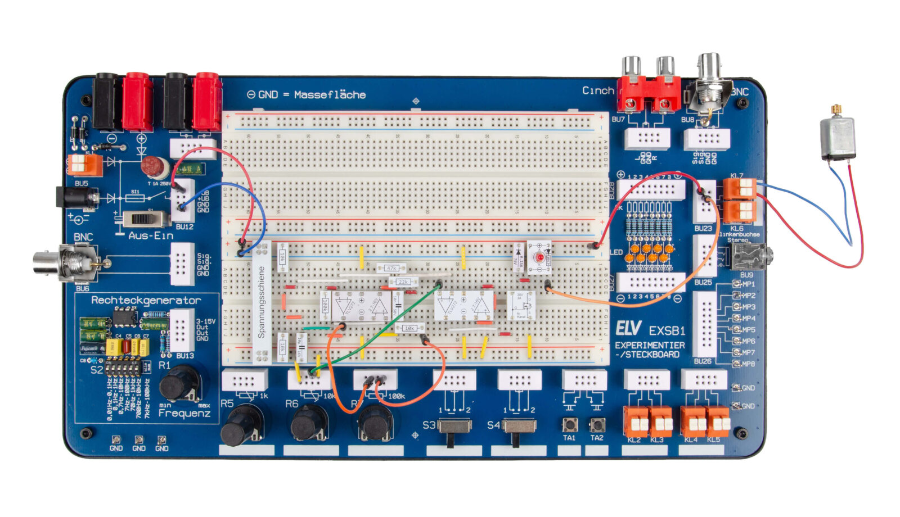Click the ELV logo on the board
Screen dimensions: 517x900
point(628,329)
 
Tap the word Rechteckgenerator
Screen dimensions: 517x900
point(146,301)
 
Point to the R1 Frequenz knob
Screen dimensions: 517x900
point(179,383)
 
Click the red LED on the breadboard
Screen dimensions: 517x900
point(539,257)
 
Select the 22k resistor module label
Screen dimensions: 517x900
point(403,282)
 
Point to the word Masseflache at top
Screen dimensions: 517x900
point(330,95)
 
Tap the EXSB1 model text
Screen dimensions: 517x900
point(667,330)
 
